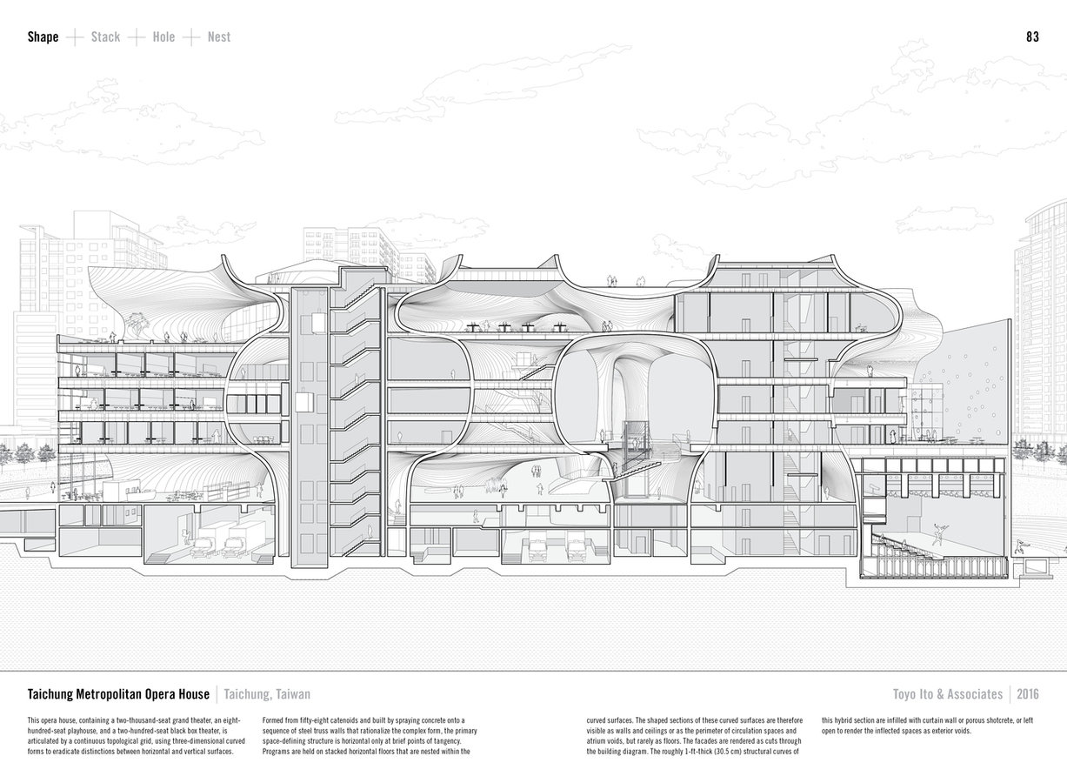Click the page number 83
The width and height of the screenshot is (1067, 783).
[1032, 37]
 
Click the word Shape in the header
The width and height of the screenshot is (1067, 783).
[43, 37]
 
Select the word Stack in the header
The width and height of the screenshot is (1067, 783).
[105, 37]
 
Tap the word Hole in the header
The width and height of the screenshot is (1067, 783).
[163, 37]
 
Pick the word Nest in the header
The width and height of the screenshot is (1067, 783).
[218, 37]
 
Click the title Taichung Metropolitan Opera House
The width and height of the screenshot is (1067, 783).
[118, 694]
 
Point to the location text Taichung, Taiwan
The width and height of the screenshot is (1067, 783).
[267, 694]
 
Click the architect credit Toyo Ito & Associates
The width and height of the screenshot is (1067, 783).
[946, 694]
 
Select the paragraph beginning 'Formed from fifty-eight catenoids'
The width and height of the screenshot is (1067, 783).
[366, 735]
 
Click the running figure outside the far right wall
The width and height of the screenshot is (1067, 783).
[1020, 547]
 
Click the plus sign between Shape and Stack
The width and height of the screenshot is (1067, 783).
[75, 37]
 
